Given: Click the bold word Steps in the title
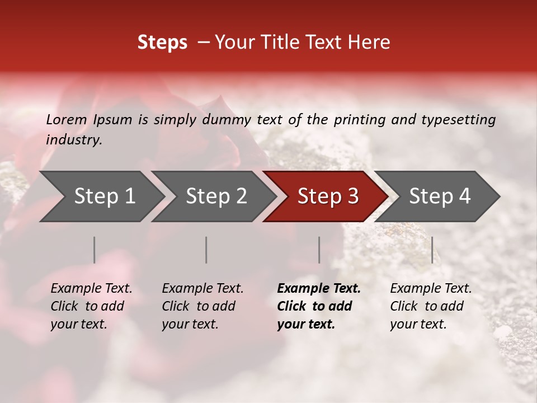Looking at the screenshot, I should pos(162,43).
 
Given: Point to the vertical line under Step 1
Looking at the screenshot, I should pos(95,250).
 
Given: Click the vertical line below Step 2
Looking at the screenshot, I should pos(206,250).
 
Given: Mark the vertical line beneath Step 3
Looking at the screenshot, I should pos(319,250).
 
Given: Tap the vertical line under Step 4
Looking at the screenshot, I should pos(432,250).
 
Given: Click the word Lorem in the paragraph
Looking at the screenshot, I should pos(67,119).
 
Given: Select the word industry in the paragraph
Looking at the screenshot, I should pos(73,140).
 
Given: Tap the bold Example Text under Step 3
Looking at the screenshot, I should pos(319,289).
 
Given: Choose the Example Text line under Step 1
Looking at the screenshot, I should pos(91,289).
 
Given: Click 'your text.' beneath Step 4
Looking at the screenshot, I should pos(418,325).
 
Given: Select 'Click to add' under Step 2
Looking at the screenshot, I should pos(199,307).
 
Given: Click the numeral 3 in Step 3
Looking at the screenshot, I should pos(352,196).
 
